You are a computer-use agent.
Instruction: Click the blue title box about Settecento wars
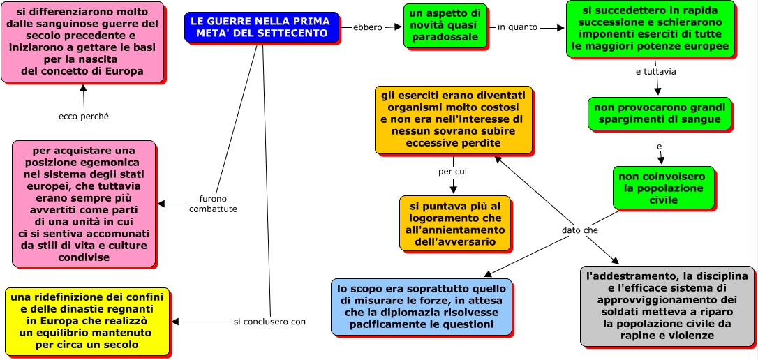point(262,27)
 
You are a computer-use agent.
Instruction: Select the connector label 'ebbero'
point(368,27)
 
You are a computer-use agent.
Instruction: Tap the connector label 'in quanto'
point(518,27)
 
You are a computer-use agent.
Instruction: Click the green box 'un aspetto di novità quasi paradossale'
point(444,25)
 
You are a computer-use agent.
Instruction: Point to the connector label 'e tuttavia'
point(655,71)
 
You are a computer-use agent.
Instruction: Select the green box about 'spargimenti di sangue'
point(659,114)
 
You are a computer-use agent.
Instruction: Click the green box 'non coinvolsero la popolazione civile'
point(663,187)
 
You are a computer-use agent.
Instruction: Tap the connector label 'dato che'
point(579,230)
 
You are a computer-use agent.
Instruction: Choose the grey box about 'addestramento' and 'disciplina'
point(667,306)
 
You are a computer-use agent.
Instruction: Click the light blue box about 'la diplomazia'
point(421,306)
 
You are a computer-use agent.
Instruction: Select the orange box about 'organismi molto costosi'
point(453,119)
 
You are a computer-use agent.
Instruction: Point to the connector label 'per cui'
point(452,171)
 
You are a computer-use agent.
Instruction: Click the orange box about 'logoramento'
point(454,223)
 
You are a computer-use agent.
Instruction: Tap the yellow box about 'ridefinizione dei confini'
point(87,321)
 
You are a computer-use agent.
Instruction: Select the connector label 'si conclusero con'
point(269,322)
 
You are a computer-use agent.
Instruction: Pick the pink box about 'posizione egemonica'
point(83,204)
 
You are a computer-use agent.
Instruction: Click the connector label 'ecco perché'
point(83,116)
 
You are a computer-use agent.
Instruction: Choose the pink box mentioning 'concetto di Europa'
point(82,41)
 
